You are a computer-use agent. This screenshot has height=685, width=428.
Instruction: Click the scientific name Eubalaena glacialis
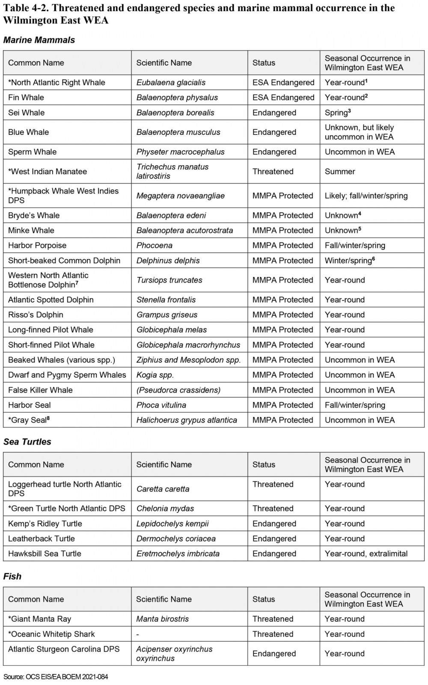[x=171, y=83]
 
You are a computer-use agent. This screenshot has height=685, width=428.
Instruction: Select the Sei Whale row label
[x=26, y=113]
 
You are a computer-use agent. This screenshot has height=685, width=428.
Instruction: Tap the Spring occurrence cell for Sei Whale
[x=338, y=113]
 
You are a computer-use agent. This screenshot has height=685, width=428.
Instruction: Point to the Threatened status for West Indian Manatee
[x=273, y=171]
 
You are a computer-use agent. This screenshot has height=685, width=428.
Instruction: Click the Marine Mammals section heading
[x=39, y=40]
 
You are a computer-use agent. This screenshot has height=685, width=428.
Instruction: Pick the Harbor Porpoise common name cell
[x=37, y=245]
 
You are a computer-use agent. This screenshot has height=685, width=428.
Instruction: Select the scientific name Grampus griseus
[x=167, y=315]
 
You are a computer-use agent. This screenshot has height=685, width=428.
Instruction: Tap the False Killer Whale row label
[x=40, y=390]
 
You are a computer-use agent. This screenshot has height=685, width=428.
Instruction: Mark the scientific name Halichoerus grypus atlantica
[x=187, y=420]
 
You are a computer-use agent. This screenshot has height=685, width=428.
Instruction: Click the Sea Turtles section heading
[x=27, y=442]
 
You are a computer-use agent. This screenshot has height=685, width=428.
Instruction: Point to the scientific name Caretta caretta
[x=163, y=489]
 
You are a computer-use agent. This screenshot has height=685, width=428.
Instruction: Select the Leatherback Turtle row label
[x=42, y=539]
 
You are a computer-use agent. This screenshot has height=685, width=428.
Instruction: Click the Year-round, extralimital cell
[x=366, y=554]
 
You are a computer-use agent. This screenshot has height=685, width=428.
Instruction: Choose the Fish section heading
[x=12, y=576]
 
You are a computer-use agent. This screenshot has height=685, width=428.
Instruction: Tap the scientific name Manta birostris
[x=162, y=619]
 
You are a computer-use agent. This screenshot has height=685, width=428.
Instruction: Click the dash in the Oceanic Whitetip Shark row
[x=138, y=634]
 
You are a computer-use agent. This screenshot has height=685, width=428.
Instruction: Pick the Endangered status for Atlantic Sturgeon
[x=274, y=653]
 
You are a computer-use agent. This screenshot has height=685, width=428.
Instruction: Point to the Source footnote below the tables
[x=56, y=677]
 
